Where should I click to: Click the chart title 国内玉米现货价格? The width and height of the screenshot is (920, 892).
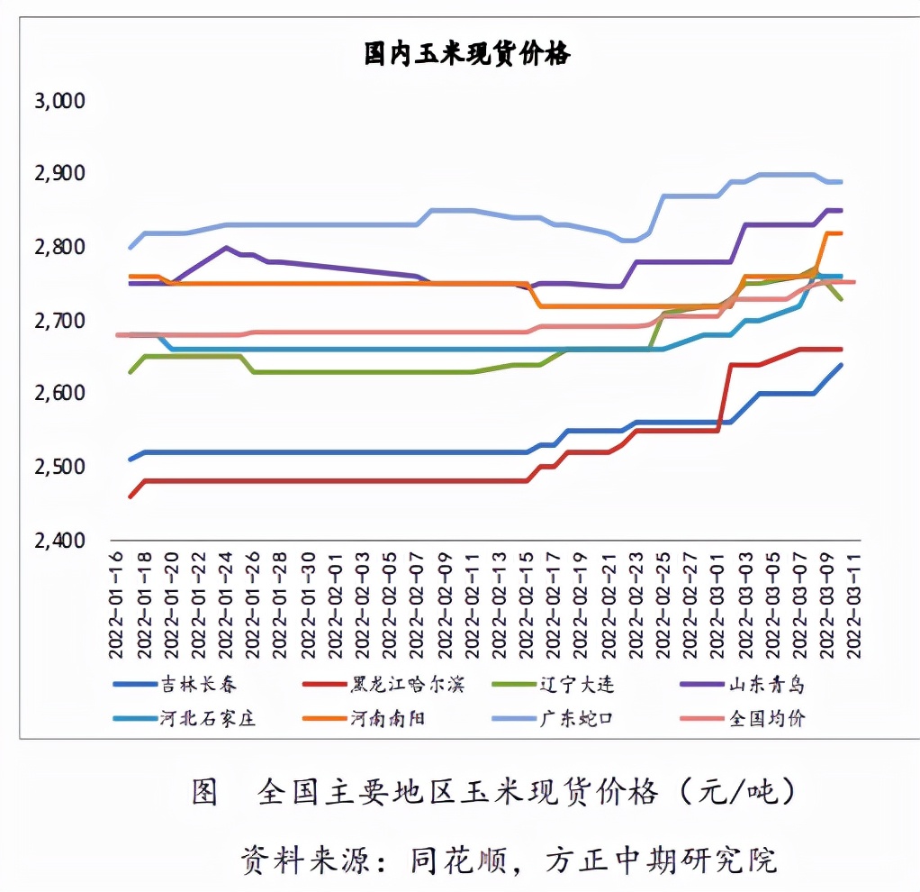(466, 55)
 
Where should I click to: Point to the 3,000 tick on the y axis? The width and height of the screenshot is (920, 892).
(59, 101)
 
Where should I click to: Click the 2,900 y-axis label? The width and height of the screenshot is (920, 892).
(59, 174)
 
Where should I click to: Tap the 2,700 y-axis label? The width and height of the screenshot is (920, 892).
(59, 321)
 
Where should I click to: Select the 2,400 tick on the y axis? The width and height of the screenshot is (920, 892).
(59, 541)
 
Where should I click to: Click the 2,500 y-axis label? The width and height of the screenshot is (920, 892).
(59, 468)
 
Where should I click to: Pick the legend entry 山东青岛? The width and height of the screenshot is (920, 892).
(766, 686)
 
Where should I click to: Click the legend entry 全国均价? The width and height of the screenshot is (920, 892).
(766, 718)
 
